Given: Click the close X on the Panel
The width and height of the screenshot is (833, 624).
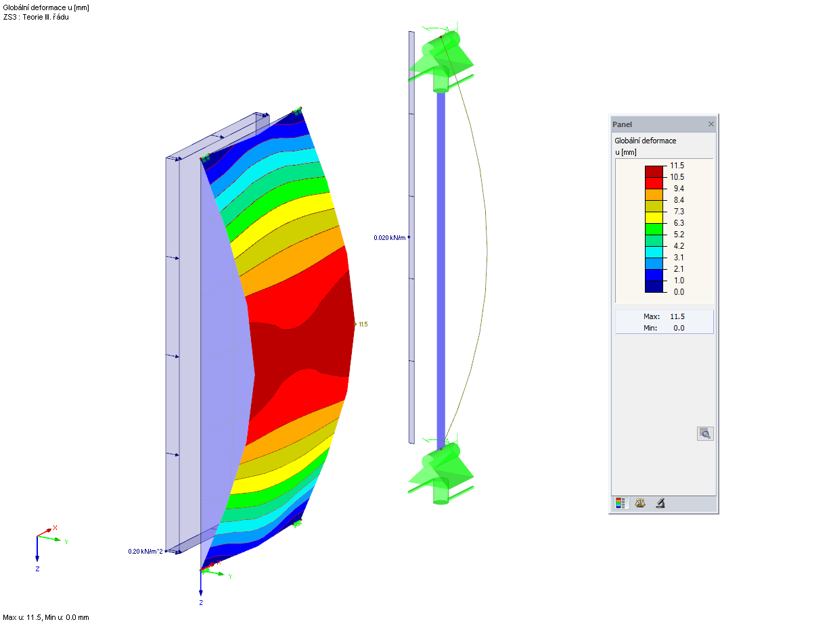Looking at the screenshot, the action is click(x=711, y=124).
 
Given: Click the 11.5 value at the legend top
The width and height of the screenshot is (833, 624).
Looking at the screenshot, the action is click(x=677, y=165).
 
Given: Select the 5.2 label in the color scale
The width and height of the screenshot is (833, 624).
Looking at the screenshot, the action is click(x=678, y=235).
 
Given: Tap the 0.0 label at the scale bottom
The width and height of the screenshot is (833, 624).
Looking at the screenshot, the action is click(x=678, y=292).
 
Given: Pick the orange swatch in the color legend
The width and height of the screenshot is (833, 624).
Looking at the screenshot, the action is click(x=654, y=195).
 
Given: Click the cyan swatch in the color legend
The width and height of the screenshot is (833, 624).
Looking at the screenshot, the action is click(x=654, y=252).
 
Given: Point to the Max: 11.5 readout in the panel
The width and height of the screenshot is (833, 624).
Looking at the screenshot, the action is click(x=663, y=316).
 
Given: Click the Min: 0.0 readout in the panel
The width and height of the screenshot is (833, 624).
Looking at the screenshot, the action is click(x=663, y=328).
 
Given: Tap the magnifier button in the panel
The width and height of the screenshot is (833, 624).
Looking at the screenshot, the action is click(x=704, y=433).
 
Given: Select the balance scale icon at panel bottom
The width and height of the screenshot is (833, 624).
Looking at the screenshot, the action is click(x=640, y=503).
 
